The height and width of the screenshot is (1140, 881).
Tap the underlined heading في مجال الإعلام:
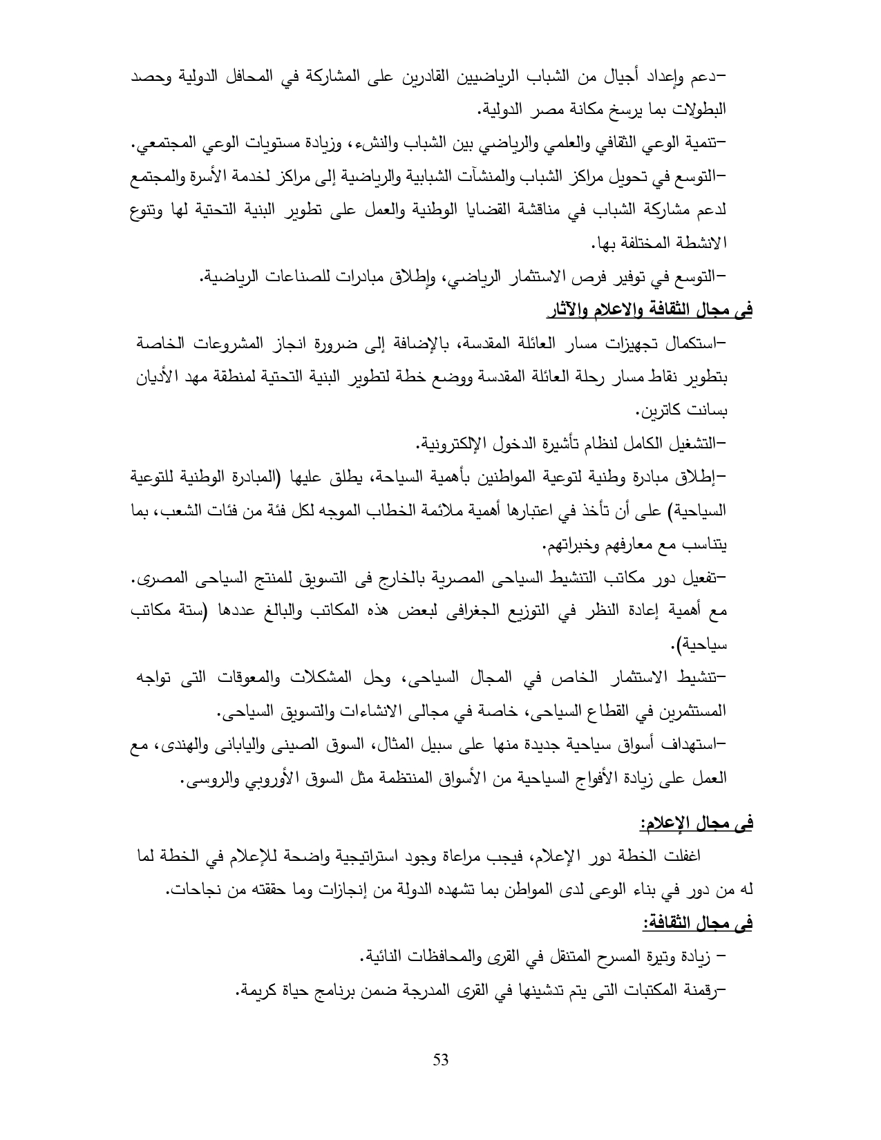click(x=695, y=823)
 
